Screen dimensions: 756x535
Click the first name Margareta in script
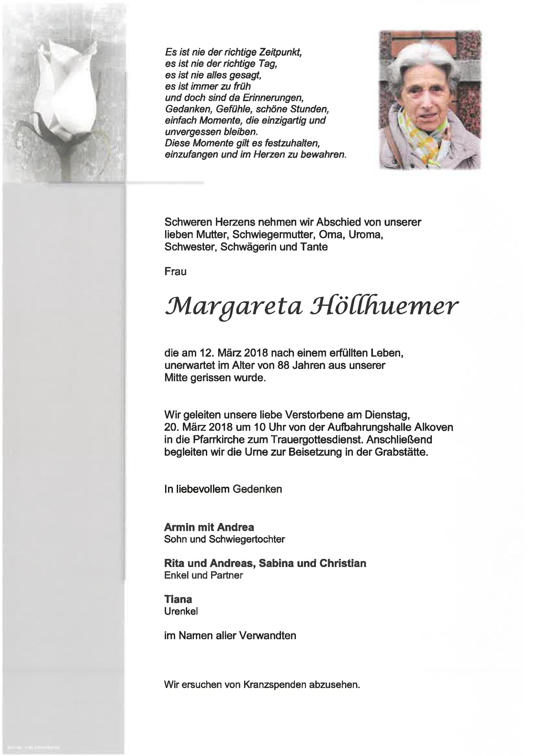coord(233,307)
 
